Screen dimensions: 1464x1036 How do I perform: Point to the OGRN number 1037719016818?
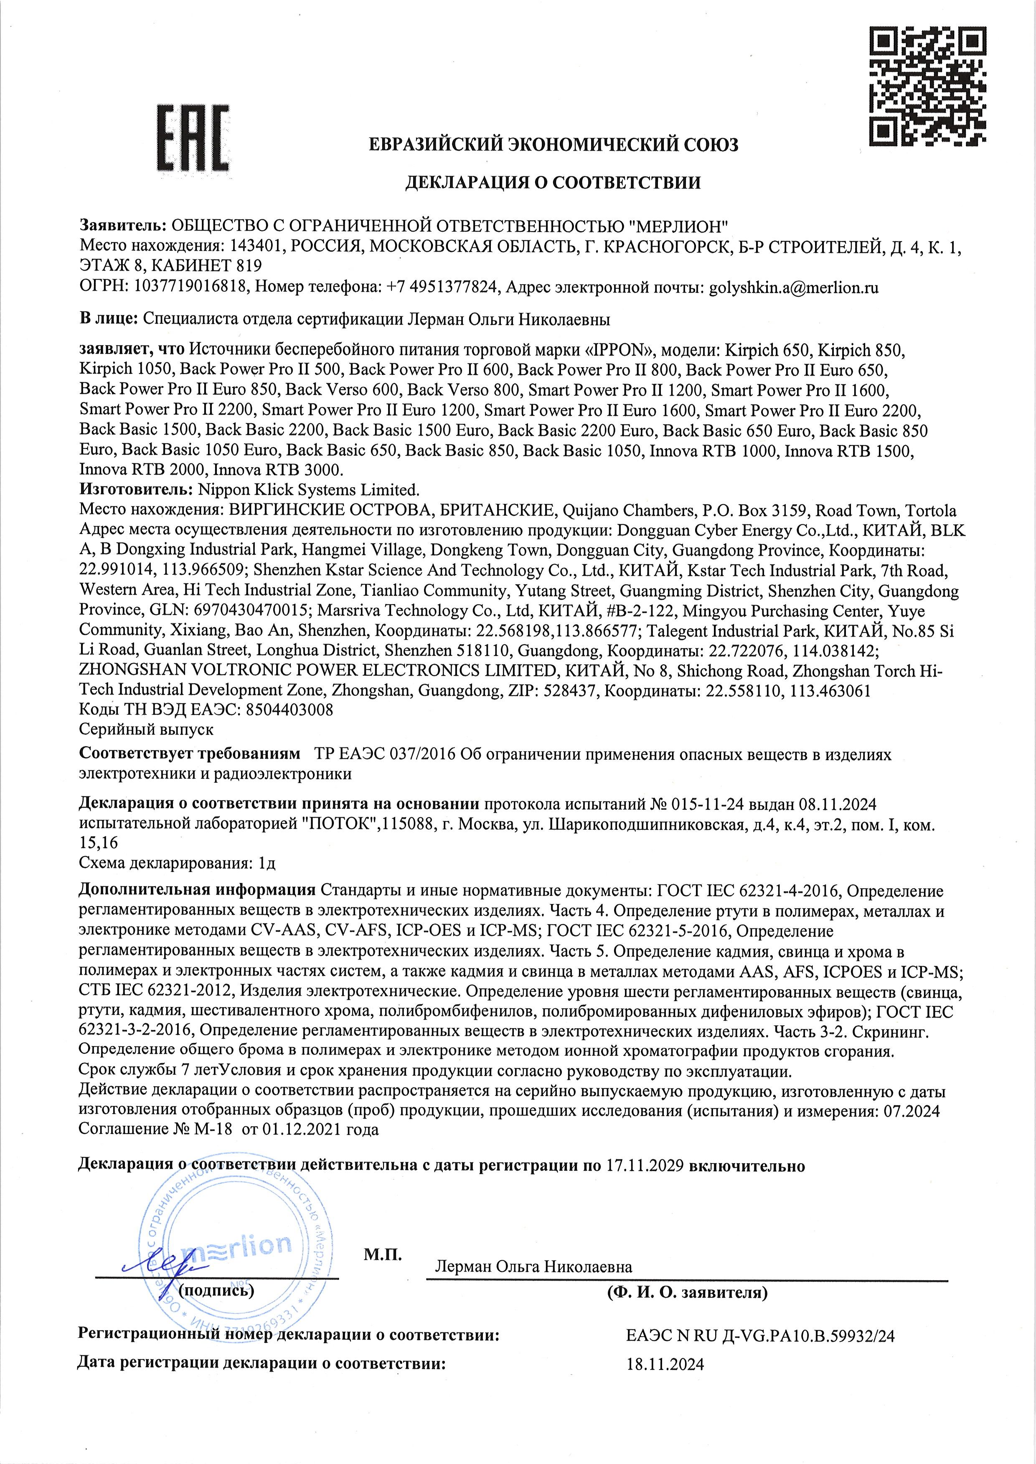(190, 288)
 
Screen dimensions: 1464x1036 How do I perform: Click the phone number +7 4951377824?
(442, 288)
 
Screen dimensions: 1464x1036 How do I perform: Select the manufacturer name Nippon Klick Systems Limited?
(309, 491)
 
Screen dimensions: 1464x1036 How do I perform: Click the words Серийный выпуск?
(146, 729)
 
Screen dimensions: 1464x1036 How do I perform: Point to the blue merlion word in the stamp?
(236, 1245)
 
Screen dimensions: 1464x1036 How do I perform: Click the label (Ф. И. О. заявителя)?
(687, 1293)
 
